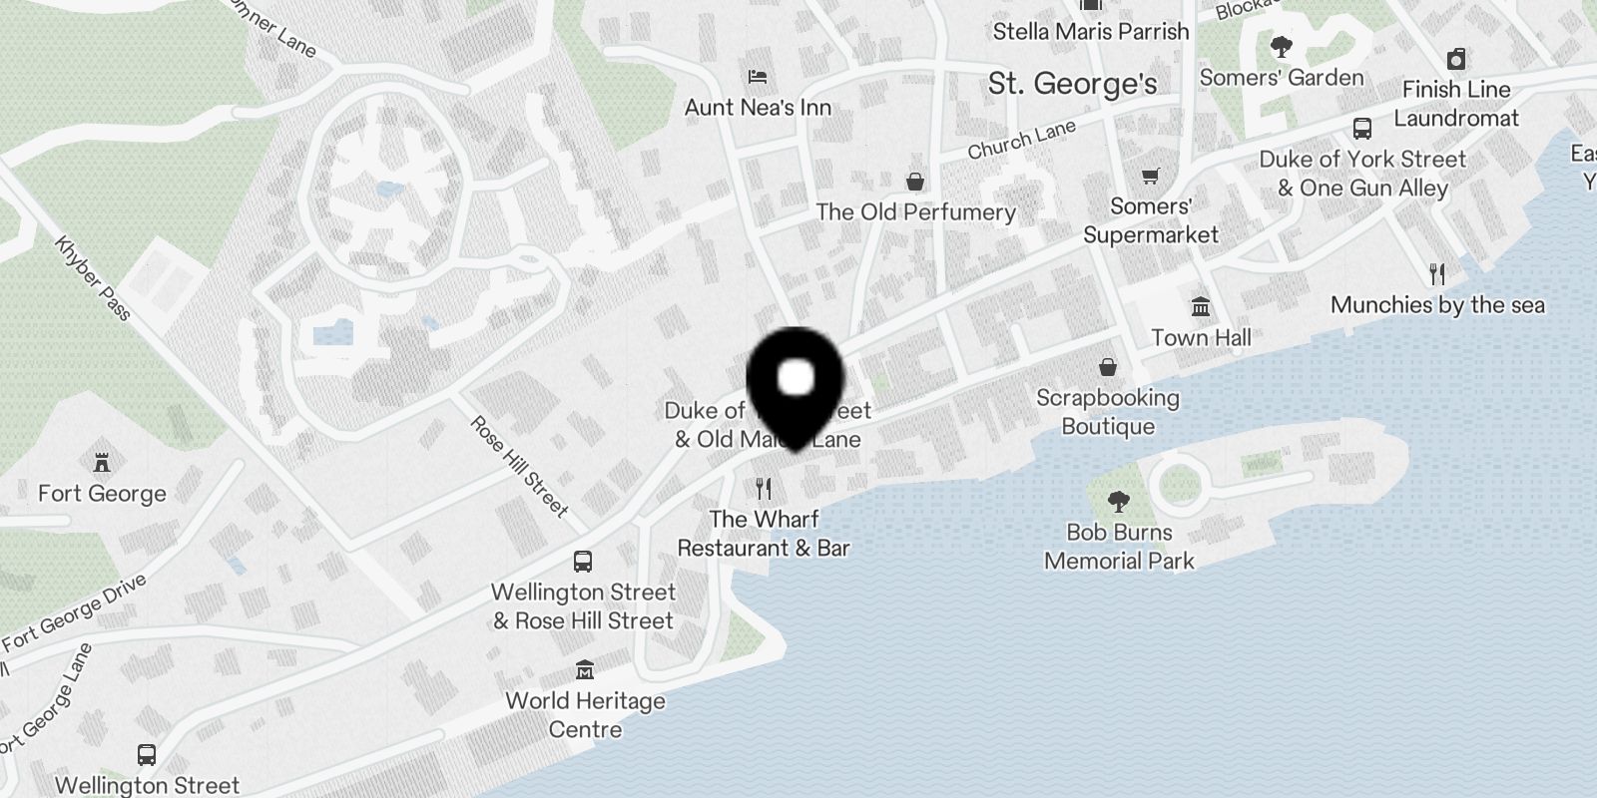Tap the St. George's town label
pyautogui.click(x=1072, y=84)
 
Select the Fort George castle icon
pyautogui.click(x=101, y=463)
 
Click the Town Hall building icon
pyautogui.click(x=1201, y=307)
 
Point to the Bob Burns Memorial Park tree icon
pyautogui.click(x=1119, y=501)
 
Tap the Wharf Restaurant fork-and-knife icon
pyautogui.click(x=764, y=489)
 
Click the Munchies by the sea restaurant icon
pyautogui.click(x=1437, y=273)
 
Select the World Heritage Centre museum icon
pyautogui.click(x=585, y=669)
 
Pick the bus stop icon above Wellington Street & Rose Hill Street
pyautogui.click(x=583, y=562)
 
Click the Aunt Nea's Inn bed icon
pyautogui.click(x=758, y=77)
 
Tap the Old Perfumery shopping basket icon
pyautogui.click(x=914, y=181)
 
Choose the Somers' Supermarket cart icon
pyautogui.click(x=1150, y=176)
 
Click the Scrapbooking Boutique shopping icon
pyautogui.click(x=1107, y=367)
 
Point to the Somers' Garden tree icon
pyautogui.click(x=1281, y=47)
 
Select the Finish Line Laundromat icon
pyautogui.click(x=1456, y=59)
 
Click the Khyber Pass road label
pyautogui.click(x=93, y=278)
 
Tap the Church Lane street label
pyautogui.click(x=1021, y=140)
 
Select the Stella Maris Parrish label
pyautogui.click(x=1091, y=32)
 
